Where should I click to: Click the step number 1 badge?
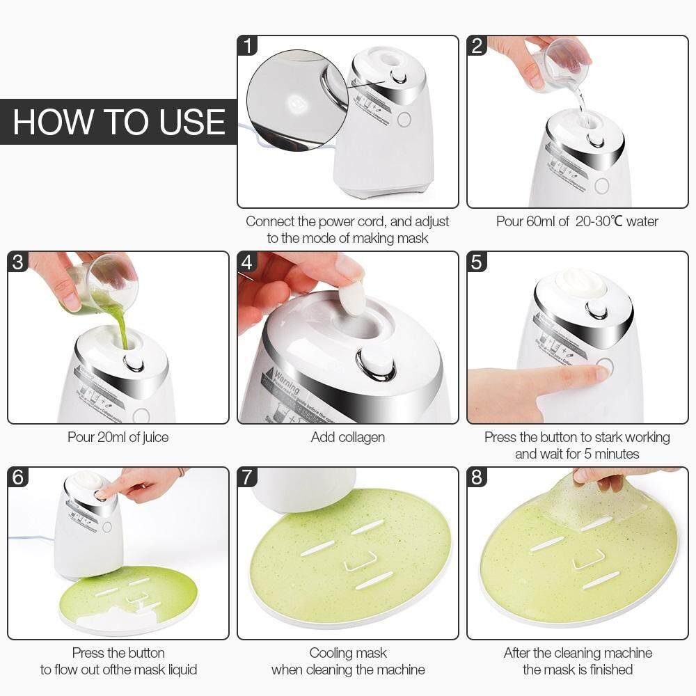coord(248,46)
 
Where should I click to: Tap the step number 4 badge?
coord(248,262)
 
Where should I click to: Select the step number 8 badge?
coord(477,477)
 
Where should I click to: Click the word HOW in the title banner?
coord(46,122)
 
